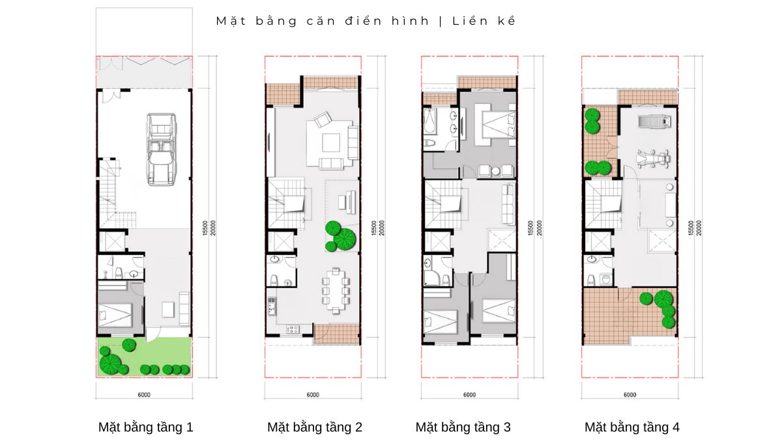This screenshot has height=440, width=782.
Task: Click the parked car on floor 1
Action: (162, 149)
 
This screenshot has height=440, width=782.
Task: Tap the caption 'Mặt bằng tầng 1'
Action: (145, 427)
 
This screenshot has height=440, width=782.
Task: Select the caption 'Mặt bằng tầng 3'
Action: (463, 427)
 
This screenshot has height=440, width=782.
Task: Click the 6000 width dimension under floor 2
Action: (313, 395)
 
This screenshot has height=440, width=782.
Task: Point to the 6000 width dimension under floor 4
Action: (630, 395)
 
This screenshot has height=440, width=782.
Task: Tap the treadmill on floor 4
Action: (654, 121)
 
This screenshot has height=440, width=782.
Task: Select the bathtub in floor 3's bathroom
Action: (429, 121)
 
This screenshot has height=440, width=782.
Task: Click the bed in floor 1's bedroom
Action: (115, 315)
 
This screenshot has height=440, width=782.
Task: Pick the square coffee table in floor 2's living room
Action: (331, 143)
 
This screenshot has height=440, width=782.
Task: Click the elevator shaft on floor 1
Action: (112, 241)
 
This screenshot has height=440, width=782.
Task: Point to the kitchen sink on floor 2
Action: (271, 306)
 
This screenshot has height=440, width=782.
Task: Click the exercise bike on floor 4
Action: (652, 160)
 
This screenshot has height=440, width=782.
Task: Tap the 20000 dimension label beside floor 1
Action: (213, 228)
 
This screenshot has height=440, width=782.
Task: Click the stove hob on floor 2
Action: (293, 329)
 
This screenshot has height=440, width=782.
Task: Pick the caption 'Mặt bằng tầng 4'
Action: (632, 427)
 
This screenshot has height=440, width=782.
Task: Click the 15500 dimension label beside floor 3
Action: (530, 228)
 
